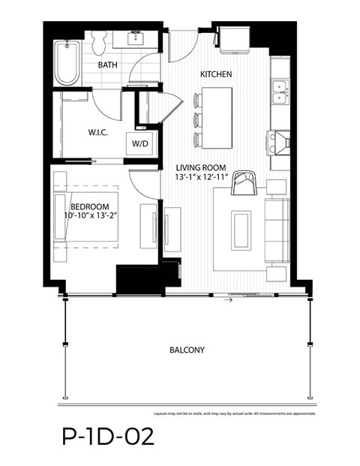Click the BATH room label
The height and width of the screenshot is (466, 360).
[109, 65]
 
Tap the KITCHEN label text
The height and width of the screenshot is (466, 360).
[215, 74]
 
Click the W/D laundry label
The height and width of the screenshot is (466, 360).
[139, 142]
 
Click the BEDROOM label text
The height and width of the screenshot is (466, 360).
[89, 206]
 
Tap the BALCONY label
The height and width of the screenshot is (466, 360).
[187, 350]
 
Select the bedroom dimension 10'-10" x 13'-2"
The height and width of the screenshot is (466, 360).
[94, 217]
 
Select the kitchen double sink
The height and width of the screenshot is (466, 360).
[280, 92]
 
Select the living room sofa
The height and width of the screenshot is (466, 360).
[276, 229]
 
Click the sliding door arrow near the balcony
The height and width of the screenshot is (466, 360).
[229, 299]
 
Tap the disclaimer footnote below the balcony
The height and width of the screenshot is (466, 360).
[235, 413]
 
